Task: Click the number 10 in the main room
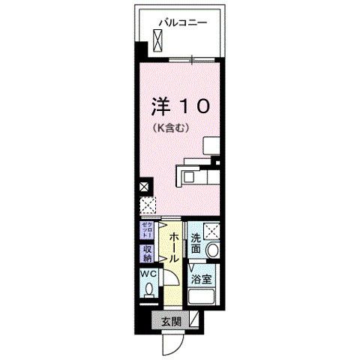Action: [x=191, y=107]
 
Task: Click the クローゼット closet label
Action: [x=145, y=229]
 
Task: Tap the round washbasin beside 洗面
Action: [x=212, y=250]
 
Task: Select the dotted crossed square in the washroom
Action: [x=211, y=231]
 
